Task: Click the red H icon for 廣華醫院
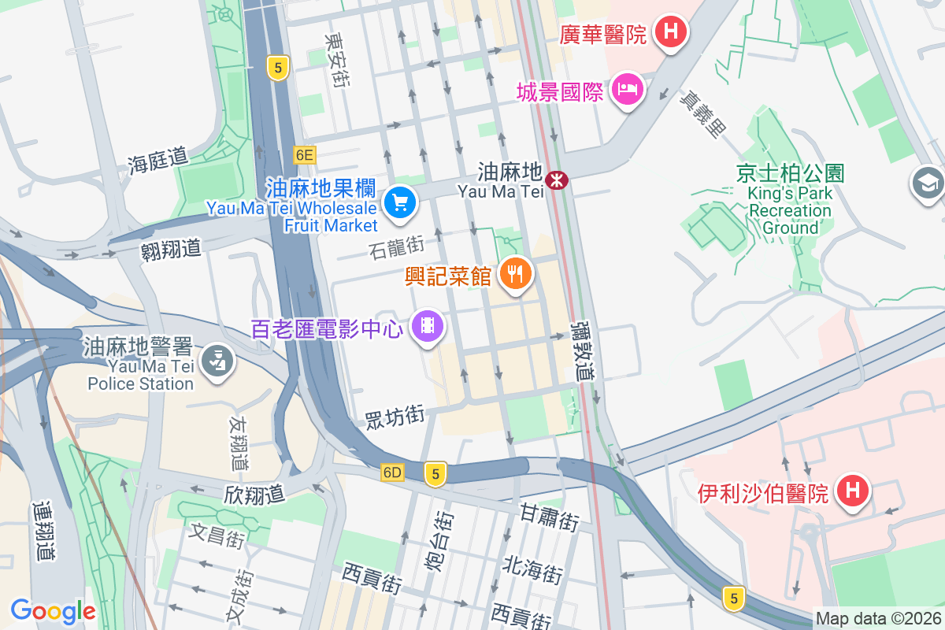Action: click(671, 32)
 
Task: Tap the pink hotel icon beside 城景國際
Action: click(628, 90)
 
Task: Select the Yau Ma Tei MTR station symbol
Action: click(558, 180)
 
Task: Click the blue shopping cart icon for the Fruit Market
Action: click(400, 203)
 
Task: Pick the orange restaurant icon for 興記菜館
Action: click(516, 273)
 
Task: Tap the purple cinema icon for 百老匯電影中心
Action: click(428, 325)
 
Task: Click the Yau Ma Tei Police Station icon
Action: click(214, 361)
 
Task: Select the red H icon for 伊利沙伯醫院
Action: click(852, 491)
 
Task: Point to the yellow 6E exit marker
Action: click(305, 155)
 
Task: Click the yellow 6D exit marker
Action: click(392, 472)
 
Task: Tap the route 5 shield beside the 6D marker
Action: click(435, 473)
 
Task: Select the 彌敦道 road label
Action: click(584, 350)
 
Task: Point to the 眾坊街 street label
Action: click(395, 416)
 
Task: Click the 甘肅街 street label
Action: click(550, 517)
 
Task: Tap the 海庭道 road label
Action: click(158, 160)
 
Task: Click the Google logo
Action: click(53, 611)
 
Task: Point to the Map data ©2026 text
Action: click(877, 619)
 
